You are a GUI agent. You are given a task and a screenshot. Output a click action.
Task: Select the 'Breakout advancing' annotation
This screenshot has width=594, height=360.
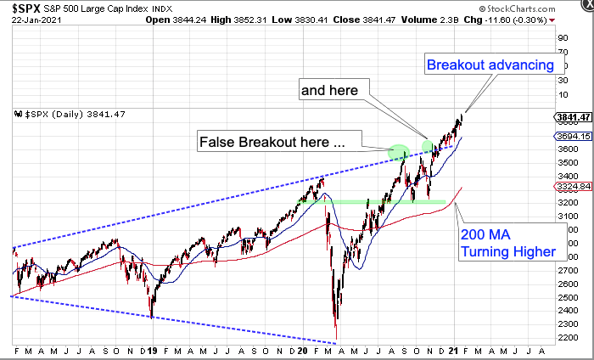click(490, 65)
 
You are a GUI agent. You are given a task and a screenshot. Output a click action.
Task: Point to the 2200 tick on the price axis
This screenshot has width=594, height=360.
click(568, 338)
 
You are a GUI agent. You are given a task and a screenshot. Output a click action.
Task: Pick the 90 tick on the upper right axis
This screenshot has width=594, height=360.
click(562, 38)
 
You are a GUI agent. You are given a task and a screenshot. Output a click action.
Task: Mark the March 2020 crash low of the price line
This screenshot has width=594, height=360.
click(337, 340)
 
